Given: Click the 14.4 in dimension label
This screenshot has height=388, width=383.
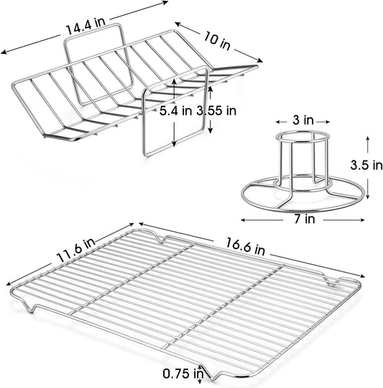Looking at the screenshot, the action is [86, 26].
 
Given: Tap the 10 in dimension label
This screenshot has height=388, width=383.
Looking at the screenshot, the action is [217, 41].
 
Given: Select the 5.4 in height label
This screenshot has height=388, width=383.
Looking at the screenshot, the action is [175, 111].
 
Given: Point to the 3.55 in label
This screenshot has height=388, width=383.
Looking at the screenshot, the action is [216, 111].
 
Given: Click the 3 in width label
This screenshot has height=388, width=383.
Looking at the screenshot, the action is [303, 120].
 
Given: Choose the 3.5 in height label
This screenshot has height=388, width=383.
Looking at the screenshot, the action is [366, 165].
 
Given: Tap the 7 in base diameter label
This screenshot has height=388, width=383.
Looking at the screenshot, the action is [305, 219].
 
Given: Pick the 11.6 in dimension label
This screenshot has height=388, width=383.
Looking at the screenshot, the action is [76, 250].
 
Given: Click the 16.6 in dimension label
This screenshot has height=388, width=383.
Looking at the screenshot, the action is [246, 246].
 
